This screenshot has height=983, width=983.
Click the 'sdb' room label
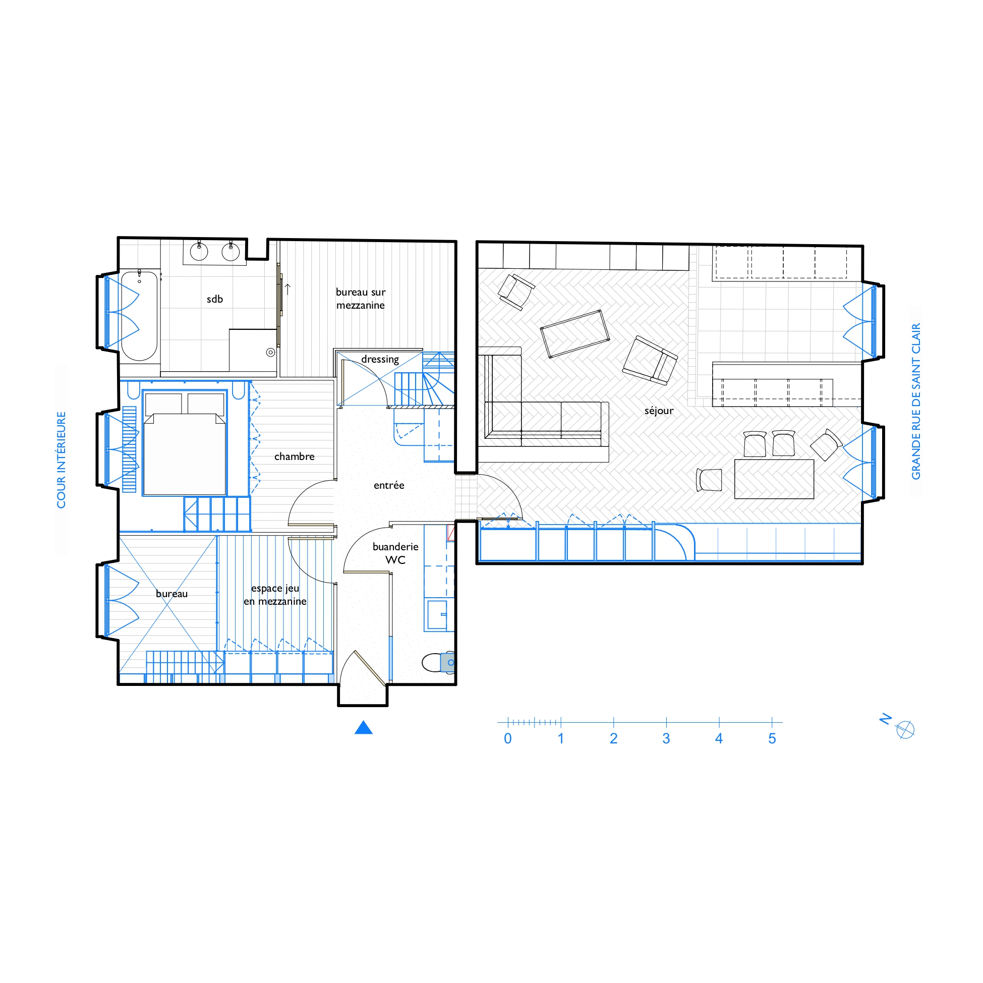215,299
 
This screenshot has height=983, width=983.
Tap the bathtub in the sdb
139,316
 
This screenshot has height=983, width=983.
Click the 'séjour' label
659,411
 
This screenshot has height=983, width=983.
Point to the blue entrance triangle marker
363,728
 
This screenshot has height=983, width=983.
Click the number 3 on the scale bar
666,739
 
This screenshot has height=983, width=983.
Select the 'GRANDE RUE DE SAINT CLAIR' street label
916,401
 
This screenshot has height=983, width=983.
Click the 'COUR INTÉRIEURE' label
61,460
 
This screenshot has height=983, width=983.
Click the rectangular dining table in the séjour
774,479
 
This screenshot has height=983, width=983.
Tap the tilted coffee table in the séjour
575,334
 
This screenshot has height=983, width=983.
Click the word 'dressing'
380,359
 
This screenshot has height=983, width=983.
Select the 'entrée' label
389,485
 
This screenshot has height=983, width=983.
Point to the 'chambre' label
294,456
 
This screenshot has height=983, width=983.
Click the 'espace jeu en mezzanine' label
275,595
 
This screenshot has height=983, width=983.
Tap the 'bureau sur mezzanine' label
361,299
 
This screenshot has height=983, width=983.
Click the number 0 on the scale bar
508,739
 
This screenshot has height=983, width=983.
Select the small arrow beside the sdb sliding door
287,289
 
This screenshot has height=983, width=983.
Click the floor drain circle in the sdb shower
271,353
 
